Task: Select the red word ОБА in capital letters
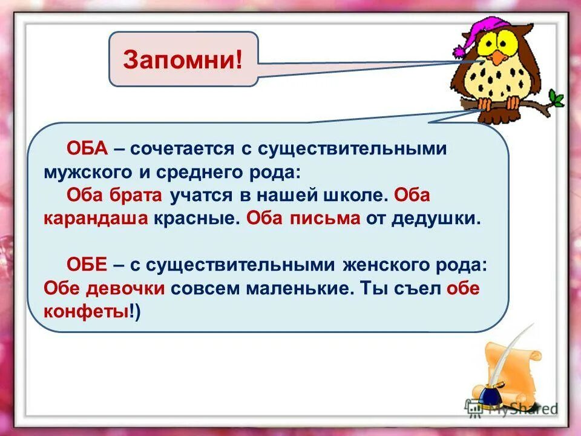(86, 149)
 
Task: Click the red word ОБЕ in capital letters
(86, 265)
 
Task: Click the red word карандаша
(96, 219)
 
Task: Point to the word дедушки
(436, 219)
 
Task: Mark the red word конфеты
(86, 311)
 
